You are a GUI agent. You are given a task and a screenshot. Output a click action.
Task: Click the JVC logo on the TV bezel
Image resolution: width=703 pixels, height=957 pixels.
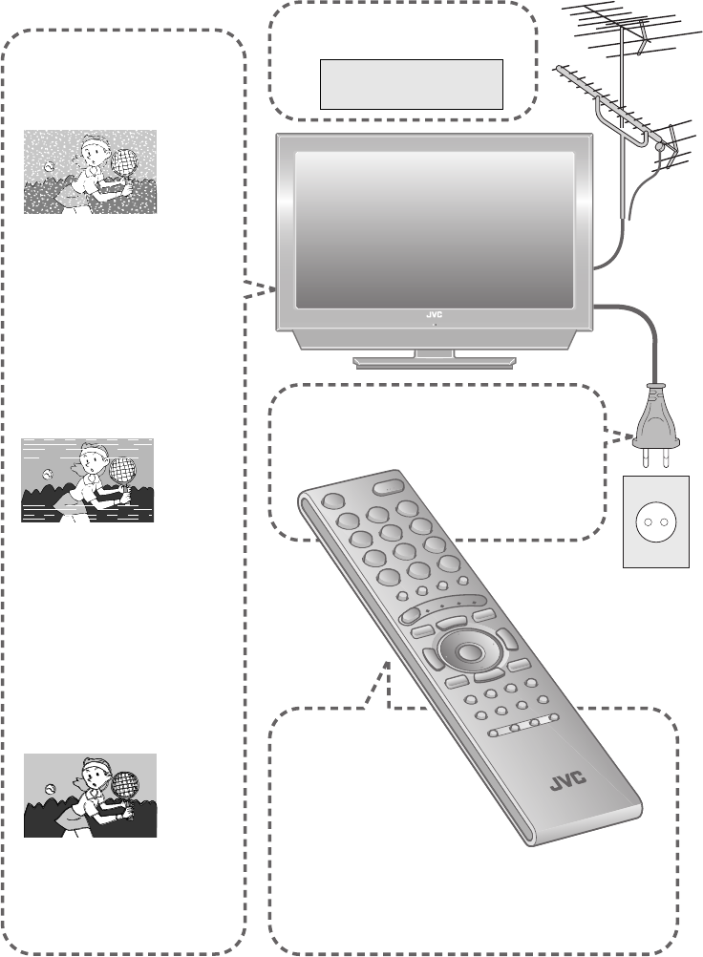tap(435, 314)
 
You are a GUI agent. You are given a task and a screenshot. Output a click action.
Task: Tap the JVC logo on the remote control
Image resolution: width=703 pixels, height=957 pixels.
tap(570, 786)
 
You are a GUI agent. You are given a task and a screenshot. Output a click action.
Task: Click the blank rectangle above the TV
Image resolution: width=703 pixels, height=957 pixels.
tap(411, 84)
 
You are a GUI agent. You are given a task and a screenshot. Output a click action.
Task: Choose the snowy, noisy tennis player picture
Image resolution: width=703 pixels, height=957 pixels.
tap(90, 172)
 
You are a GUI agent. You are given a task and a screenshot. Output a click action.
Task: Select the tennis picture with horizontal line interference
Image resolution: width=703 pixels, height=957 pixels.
tap(88, 480)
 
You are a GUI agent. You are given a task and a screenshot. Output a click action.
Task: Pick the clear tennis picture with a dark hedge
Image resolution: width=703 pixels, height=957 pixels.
tap(90, 796)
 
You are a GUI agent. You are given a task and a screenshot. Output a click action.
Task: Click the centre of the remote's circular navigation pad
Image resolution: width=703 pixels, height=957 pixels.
tap(467, 653)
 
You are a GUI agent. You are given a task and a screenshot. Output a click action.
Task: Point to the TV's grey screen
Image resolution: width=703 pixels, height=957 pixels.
tap(435, 229)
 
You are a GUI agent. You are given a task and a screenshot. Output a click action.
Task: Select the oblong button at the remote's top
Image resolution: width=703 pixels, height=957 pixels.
tap(387, 486)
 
